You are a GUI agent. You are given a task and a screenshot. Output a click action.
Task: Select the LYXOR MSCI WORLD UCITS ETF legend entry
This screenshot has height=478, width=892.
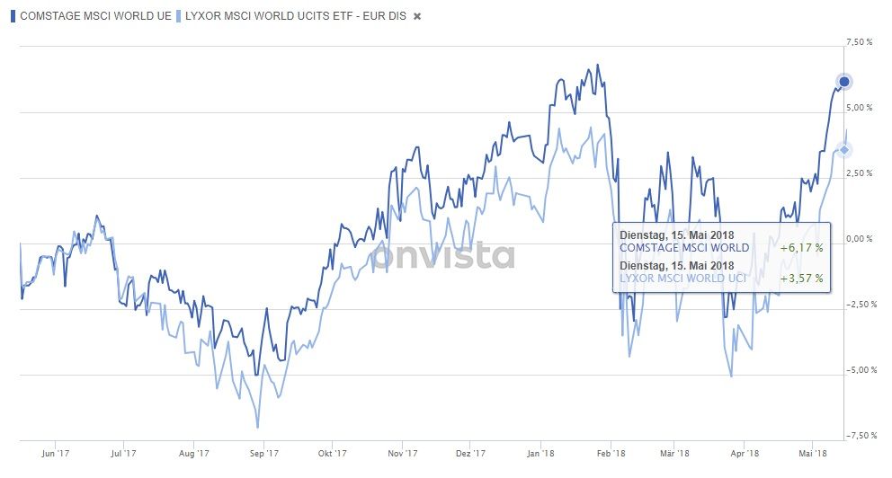(x=292, y=16)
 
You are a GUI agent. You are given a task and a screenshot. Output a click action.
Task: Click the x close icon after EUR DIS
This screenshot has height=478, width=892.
(x=417, y=17)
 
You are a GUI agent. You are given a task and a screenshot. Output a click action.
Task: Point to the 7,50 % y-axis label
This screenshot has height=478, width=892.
(x=861, y=42)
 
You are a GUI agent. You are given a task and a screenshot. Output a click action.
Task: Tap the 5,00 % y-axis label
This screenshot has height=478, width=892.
(x=861, y=108)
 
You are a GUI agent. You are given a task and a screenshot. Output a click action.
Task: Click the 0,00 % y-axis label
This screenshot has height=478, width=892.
(x=861, y=239)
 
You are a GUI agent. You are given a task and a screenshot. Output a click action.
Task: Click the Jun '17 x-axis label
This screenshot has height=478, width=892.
(x=56, y=455)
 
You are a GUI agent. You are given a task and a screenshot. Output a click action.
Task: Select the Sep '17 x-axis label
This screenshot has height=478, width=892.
(x=263, y=455)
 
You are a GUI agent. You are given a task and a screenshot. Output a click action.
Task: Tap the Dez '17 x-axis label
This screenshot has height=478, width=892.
(x=470, y=455)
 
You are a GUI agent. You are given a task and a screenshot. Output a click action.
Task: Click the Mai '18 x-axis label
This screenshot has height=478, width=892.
(x=813, y=455)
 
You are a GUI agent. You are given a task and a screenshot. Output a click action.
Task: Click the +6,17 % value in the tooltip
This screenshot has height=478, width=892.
(x=801, y=248)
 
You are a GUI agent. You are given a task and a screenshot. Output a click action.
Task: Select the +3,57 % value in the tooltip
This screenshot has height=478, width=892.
(x=801, y=279)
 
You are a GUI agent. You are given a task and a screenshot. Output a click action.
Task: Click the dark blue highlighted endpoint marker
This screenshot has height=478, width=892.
(x=844, y=83)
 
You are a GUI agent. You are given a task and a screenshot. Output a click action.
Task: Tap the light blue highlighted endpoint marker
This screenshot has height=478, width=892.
(x=843, y=149)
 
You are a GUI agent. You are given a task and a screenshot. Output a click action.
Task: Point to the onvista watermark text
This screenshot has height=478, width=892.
(x=445, y=256)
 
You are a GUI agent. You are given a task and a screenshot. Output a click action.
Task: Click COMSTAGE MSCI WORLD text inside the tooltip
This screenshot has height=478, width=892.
(x=684, y=248)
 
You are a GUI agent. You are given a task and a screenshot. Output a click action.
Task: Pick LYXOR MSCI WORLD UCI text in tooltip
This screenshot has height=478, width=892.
(x=682, y=279)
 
